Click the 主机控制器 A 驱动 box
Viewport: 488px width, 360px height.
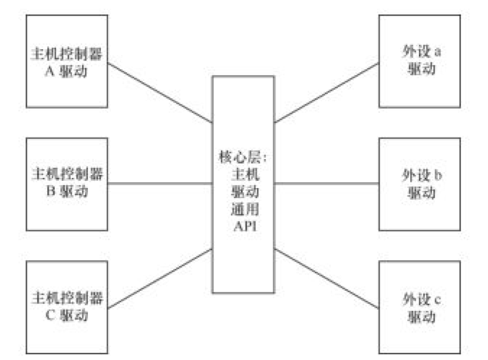click(68, 61)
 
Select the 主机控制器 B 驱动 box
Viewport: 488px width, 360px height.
click(68, 184)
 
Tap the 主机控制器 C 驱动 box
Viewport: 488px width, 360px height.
click(68, 305)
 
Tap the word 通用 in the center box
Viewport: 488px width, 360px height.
click(244, 209)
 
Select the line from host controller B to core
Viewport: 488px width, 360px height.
click(160, 183)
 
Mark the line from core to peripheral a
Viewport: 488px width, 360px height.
click(326, 92)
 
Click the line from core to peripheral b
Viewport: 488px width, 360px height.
click(326, 183)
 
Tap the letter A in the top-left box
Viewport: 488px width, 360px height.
click(50, 70)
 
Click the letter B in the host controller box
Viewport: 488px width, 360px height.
click(50, 192)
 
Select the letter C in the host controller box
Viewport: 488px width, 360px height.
click(50, 314)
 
